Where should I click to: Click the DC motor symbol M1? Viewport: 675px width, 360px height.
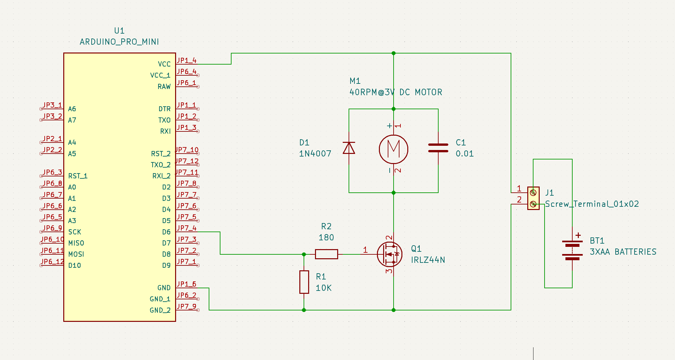click(393, 149)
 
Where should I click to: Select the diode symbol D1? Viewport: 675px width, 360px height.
click(349, 148)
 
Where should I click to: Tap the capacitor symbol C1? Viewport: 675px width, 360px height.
click(438, 148)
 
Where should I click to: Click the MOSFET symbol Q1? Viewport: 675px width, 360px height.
click(390, 254)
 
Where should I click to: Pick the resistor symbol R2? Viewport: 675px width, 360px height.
click(326, 254)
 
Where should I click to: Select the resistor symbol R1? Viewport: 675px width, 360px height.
click(304, 282)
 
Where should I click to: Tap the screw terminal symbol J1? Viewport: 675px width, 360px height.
click(533, 198)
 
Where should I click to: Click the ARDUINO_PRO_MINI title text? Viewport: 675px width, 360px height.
click(119, 42)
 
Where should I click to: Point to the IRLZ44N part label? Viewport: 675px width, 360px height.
click(428, 260)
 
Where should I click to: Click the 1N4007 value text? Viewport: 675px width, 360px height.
click(315, 154)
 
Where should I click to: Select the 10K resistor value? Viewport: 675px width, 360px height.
click(323, 288)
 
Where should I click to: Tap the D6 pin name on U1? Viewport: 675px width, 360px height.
click(166, 232)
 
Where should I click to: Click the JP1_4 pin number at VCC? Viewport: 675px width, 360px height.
click(187, 60)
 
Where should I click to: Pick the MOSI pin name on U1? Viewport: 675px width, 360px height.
click(76, 254)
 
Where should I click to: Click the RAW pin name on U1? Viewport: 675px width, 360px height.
click(164, 86)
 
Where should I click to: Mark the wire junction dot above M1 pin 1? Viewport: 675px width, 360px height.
click(394, 109)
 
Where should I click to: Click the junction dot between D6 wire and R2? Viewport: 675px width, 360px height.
click(304, 254)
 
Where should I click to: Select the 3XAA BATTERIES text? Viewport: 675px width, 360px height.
click(623, 252)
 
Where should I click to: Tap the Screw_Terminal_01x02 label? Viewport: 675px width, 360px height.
click(592, 204)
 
